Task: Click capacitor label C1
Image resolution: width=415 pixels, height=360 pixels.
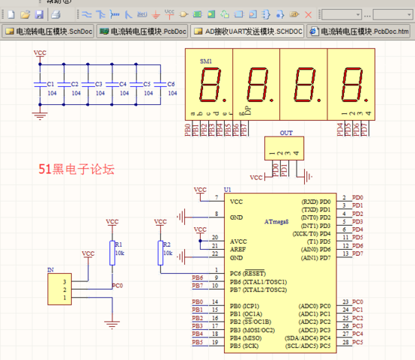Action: click(x=51, y=84)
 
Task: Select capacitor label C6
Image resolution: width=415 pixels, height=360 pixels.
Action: click(x=171, y=84)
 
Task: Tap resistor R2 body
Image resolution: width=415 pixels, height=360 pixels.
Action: click(x=160, y=253)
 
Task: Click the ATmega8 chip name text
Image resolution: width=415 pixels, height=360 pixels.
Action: click(x=279, y=221)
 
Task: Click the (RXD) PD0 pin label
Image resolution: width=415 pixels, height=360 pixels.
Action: click(x=315, y=202)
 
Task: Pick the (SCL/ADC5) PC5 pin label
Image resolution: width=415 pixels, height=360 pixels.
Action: click(x=309, y=343)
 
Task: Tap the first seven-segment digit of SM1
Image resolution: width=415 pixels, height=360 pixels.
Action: click(x=209, y=85)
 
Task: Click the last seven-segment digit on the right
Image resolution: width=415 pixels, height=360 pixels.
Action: click(x=350, y=85)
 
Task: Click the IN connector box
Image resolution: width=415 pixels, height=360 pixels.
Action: click(x=56, y=289)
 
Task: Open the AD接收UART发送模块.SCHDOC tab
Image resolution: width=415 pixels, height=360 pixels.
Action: click(x=247, y=31)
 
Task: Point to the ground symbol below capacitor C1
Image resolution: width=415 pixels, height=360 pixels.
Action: click(x=39, y=114)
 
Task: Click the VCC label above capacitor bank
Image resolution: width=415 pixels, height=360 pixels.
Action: click(x=39, y=52)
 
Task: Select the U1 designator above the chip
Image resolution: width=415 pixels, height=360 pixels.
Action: click(x=228, y=189)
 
